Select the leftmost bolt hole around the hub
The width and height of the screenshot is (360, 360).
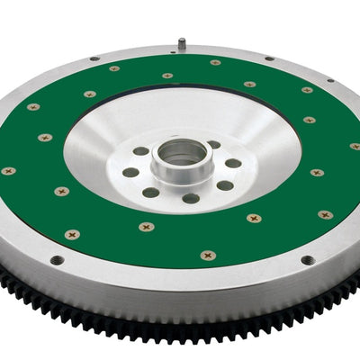(x=131, y=172)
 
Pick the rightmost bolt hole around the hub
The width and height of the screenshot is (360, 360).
(x=233, y=163)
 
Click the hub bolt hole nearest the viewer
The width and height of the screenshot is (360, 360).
(x=191, y=199)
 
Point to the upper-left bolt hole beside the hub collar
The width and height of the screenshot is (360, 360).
(x=141, y=151)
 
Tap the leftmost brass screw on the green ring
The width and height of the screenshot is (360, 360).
(x=9, y=170)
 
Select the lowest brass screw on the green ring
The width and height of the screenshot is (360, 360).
(x=208, y=256)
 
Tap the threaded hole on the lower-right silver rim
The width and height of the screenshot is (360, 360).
(x=308, y=260)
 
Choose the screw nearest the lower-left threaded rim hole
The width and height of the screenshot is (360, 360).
(x=73, y=234)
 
